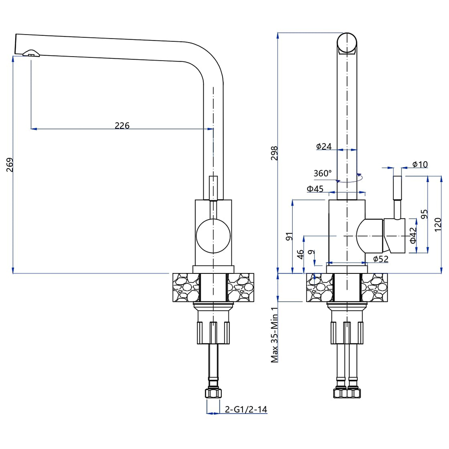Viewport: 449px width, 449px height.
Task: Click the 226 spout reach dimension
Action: coord(122,126)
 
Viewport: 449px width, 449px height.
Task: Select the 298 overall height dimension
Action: coord(274,153)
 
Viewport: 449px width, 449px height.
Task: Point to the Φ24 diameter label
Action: coord(323,146)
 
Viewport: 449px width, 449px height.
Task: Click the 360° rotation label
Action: coord(322,173)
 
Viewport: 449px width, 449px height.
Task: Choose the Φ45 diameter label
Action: coord(315,189)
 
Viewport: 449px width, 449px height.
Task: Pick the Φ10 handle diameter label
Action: coord(420,164)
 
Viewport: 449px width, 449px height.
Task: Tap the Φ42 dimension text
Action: coord(414,235)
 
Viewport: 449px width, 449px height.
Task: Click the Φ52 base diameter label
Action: coord(380,259)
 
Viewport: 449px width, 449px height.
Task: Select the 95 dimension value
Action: coord(423,213)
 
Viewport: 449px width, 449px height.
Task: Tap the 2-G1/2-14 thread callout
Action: coord(246,409)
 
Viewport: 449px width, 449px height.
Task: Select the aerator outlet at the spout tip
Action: coord(31,54)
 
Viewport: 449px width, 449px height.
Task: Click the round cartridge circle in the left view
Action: coord(214,235)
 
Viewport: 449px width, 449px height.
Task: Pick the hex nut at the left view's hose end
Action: coord(213,393)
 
